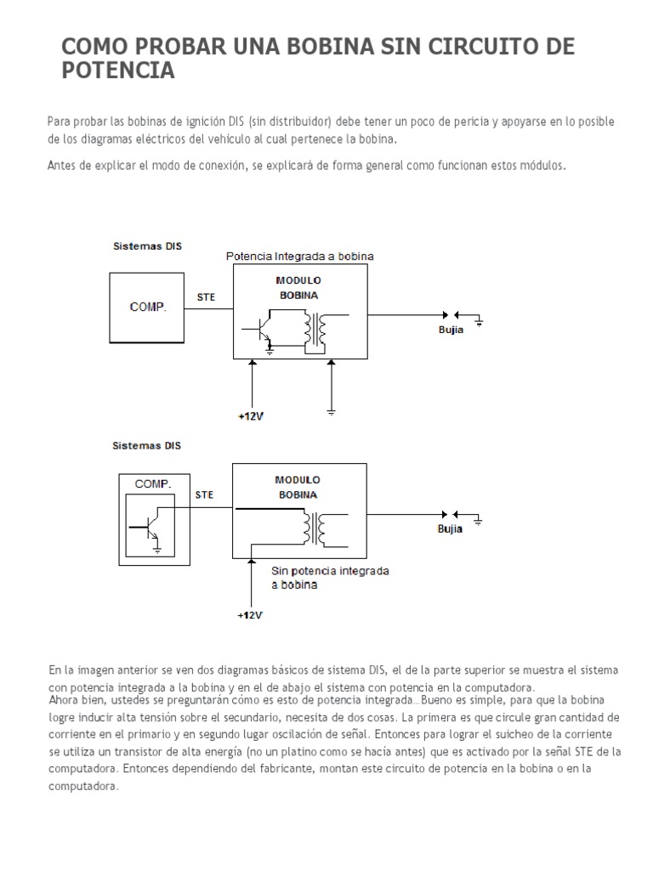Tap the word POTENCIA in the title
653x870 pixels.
[x=118, y=71]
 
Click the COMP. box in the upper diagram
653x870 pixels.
[x=148, y=306]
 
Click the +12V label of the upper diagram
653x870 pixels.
[x=251, y=416]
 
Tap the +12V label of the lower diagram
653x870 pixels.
[x=251, y=614]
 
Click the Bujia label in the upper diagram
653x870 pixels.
[x=451, y=330]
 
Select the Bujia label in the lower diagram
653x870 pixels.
[x=451, y=529]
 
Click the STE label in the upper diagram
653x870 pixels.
[x=207, y=297]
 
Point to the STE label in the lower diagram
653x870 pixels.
[x=205, y=494]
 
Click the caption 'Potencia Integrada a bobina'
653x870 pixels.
[x=299, y=256]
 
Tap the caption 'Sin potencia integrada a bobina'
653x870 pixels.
[x=330, y=579]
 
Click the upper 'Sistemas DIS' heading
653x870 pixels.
[x=147, y=246]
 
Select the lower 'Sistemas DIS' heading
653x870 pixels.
[x=147, y=445]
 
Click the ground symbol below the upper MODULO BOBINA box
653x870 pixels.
[x=331, y=411]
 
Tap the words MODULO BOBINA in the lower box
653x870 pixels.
[x=298, y=487]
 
